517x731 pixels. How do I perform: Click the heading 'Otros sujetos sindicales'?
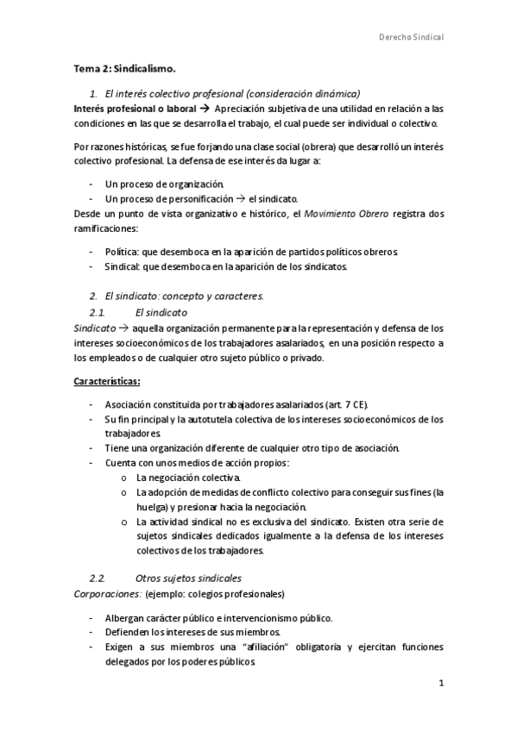pyautogui.click(x=188, y=577)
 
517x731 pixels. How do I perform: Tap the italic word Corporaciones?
pyautogui.click(x=104, y=594)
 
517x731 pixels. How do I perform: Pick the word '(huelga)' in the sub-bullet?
pyautogui.click(x=155, y=507)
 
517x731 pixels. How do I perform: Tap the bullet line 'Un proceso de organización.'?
pyautogui.click(x=164, y=184)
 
